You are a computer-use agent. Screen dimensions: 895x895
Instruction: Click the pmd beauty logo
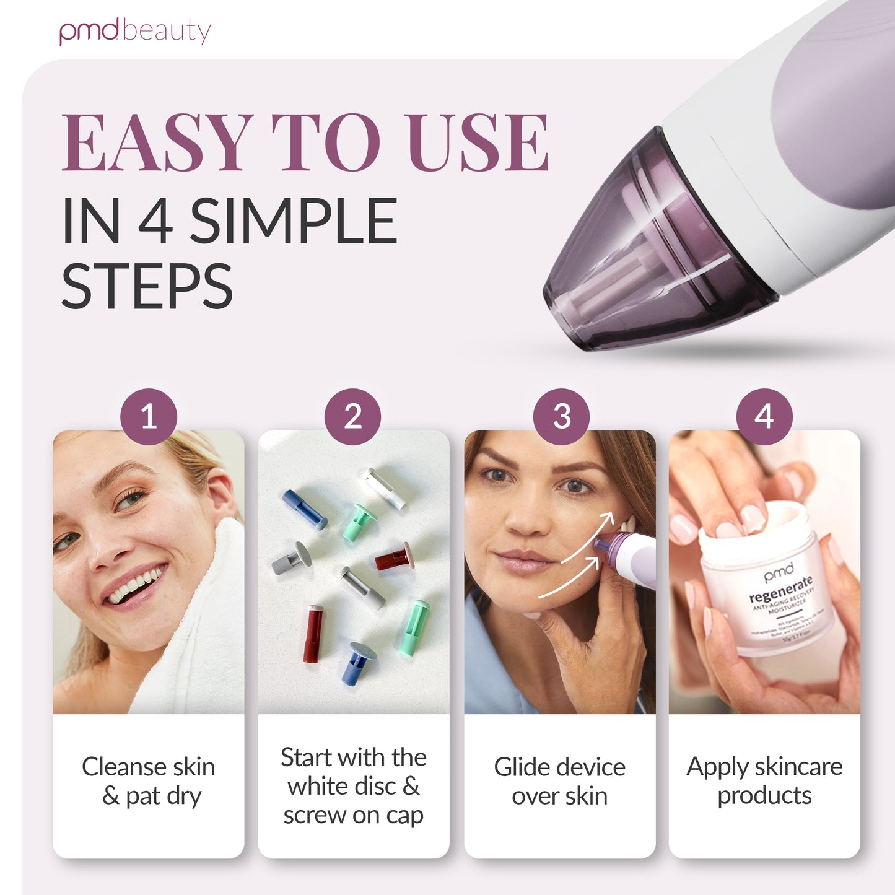tap(135, 32)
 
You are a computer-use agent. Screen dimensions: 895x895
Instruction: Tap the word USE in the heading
tap(478, 143)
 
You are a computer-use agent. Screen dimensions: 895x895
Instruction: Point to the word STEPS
tap(147, 286)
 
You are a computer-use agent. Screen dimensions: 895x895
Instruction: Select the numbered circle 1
tap(148, 416)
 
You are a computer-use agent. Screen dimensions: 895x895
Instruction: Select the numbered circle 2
tap(353, 416)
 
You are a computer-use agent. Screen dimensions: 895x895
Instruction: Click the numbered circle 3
tap(561, 416)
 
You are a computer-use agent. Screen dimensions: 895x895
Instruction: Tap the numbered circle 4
tap(764, 416)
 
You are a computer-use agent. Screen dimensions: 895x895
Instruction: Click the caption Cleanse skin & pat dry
tap(149, 781)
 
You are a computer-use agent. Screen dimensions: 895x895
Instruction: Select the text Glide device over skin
tap(559, 781)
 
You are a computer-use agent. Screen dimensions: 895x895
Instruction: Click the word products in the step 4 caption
tap(764, 795)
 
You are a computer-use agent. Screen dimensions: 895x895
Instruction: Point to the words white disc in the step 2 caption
tap(341, 786)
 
